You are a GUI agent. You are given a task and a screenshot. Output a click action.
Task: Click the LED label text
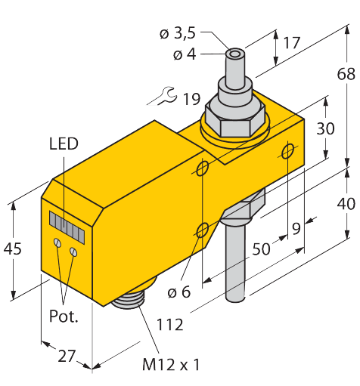63,144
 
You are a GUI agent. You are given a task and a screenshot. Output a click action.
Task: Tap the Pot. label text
64,317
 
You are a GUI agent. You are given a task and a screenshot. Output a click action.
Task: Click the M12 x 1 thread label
171,365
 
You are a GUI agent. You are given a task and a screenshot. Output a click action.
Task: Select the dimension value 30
325,129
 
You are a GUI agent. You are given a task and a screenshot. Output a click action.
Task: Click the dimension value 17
290,44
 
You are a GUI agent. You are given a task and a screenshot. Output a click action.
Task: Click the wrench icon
163,96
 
